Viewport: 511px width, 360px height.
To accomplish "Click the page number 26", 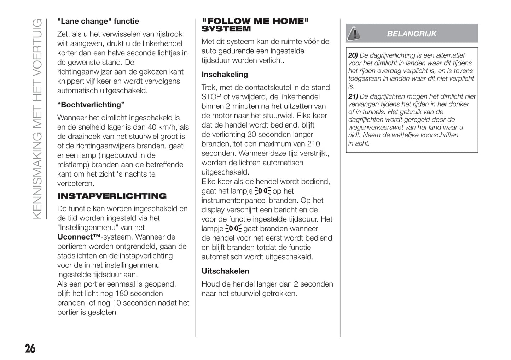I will click(30, 348).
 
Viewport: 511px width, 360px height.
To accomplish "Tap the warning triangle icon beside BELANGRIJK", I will click(353, 34).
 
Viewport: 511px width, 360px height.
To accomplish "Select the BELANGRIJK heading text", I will click(412, 34).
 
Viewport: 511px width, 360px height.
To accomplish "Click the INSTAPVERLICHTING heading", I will click(112, 196).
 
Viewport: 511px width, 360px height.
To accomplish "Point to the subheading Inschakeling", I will click(225, 75).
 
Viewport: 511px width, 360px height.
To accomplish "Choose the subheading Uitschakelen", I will click(225, 271).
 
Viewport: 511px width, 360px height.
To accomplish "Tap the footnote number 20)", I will click(353, 55).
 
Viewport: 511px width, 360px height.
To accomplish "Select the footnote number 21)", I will click(353, 96).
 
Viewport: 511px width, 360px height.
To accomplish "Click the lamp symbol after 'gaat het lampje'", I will click(262, 191).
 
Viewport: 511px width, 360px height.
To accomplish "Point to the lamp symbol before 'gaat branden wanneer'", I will click(233, 229).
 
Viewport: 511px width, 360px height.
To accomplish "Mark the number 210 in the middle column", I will click(313, 144).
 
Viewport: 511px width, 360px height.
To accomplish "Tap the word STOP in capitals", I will click(211, 97).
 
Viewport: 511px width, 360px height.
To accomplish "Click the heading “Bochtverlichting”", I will click(91, 105).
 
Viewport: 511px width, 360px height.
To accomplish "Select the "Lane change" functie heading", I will click(98, 21).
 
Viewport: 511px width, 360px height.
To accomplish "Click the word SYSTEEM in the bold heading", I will click(226, 29).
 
